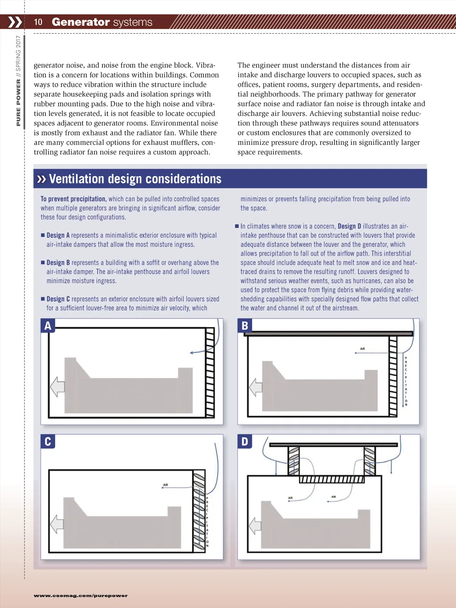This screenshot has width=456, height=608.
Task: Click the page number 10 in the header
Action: (38, 22)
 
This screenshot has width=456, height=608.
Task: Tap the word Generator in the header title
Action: (81, 22)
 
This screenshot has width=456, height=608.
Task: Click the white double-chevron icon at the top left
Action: (15, 22)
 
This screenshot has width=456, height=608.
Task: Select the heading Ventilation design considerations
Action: (135, 179)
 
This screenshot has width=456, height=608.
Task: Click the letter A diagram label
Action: (48, 326)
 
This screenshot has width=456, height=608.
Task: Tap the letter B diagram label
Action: (244, 326)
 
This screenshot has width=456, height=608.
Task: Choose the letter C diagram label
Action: (48, 441)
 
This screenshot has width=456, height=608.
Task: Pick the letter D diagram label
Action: (244, 441)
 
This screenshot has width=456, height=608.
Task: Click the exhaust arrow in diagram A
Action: (57, 387)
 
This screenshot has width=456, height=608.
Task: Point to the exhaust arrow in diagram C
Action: (57, 524)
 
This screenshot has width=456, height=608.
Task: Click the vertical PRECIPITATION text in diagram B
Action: (406, 381)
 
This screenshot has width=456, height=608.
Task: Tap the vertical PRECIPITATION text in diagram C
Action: (207, 522)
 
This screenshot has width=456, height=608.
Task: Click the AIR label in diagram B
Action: (362, 349)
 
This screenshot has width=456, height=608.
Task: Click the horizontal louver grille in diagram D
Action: (331, 479)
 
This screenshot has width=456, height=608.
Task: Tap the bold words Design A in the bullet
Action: (58, 235)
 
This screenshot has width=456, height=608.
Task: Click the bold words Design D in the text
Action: (349, 226)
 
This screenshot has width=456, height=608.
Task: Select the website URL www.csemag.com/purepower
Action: (81, 596)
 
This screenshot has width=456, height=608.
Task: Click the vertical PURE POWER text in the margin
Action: (18, 103)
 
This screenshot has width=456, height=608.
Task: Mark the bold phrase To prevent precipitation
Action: (73, 199)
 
